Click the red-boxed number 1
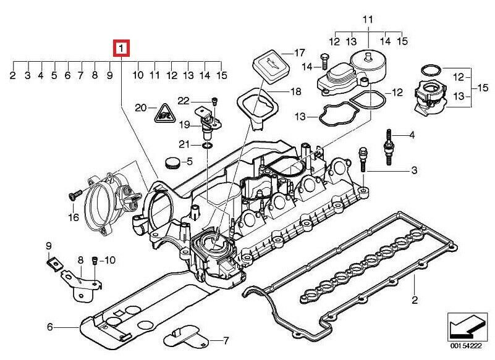point(122,48)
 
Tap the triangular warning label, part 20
point(164,114)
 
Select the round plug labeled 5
point(172,162)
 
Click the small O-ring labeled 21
point(207,145)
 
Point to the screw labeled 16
point(75,194)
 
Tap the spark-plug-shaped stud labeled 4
point(389,147)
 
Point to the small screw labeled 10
point(95,261)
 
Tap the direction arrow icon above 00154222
point(465,327)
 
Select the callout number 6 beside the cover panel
point(50,327)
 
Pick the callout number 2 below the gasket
point(415,299)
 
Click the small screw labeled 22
point(214,101)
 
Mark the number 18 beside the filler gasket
point(295,91)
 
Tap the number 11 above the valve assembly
point(368,20)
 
